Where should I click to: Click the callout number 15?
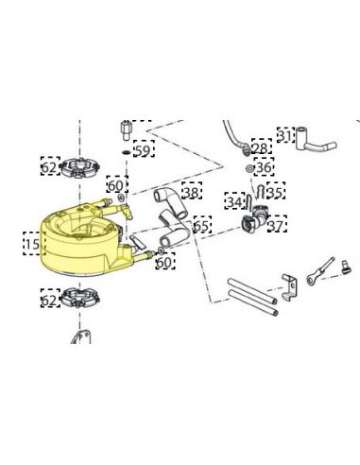pos(32,244)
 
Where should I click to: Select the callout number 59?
pos(143,151)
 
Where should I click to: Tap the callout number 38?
pos(191,193)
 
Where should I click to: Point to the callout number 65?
pos(201,226)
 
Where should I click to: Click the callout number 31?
pos(285,136)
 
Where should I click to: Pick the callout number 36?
pos(264,167)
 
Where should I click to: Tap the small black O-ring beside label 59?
pos(127,153)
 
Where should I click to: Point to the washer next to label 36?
pos(249,168)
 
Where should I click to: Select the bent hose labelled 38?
pos(170,204)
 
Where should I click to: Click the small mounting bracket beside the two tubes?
pos(289,286)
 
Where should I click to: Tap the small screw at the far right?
pos(346,267)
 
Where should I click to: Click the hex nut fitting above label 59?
pos(127,131)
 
